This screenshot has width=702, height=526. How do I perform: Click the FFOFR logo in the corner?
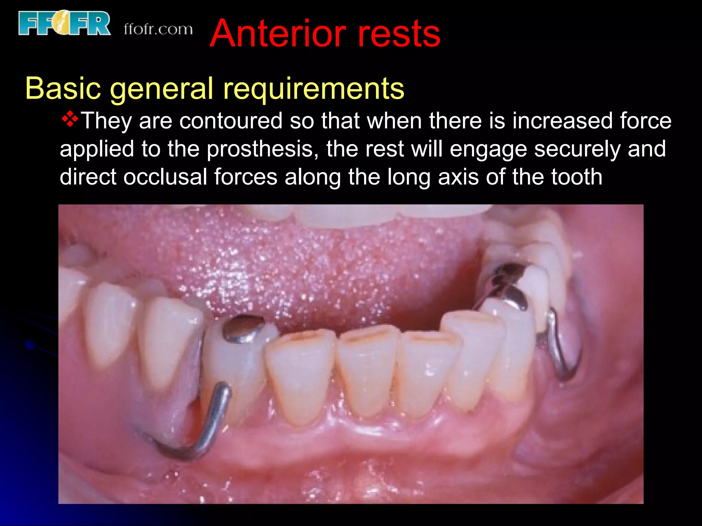64,23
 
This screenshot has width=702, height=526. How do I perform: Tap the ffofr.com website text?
158,29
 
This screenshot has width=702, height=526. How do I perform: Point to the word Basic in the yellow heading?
63,88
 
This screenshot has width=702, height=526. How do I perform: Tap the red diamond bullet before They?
70,119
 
